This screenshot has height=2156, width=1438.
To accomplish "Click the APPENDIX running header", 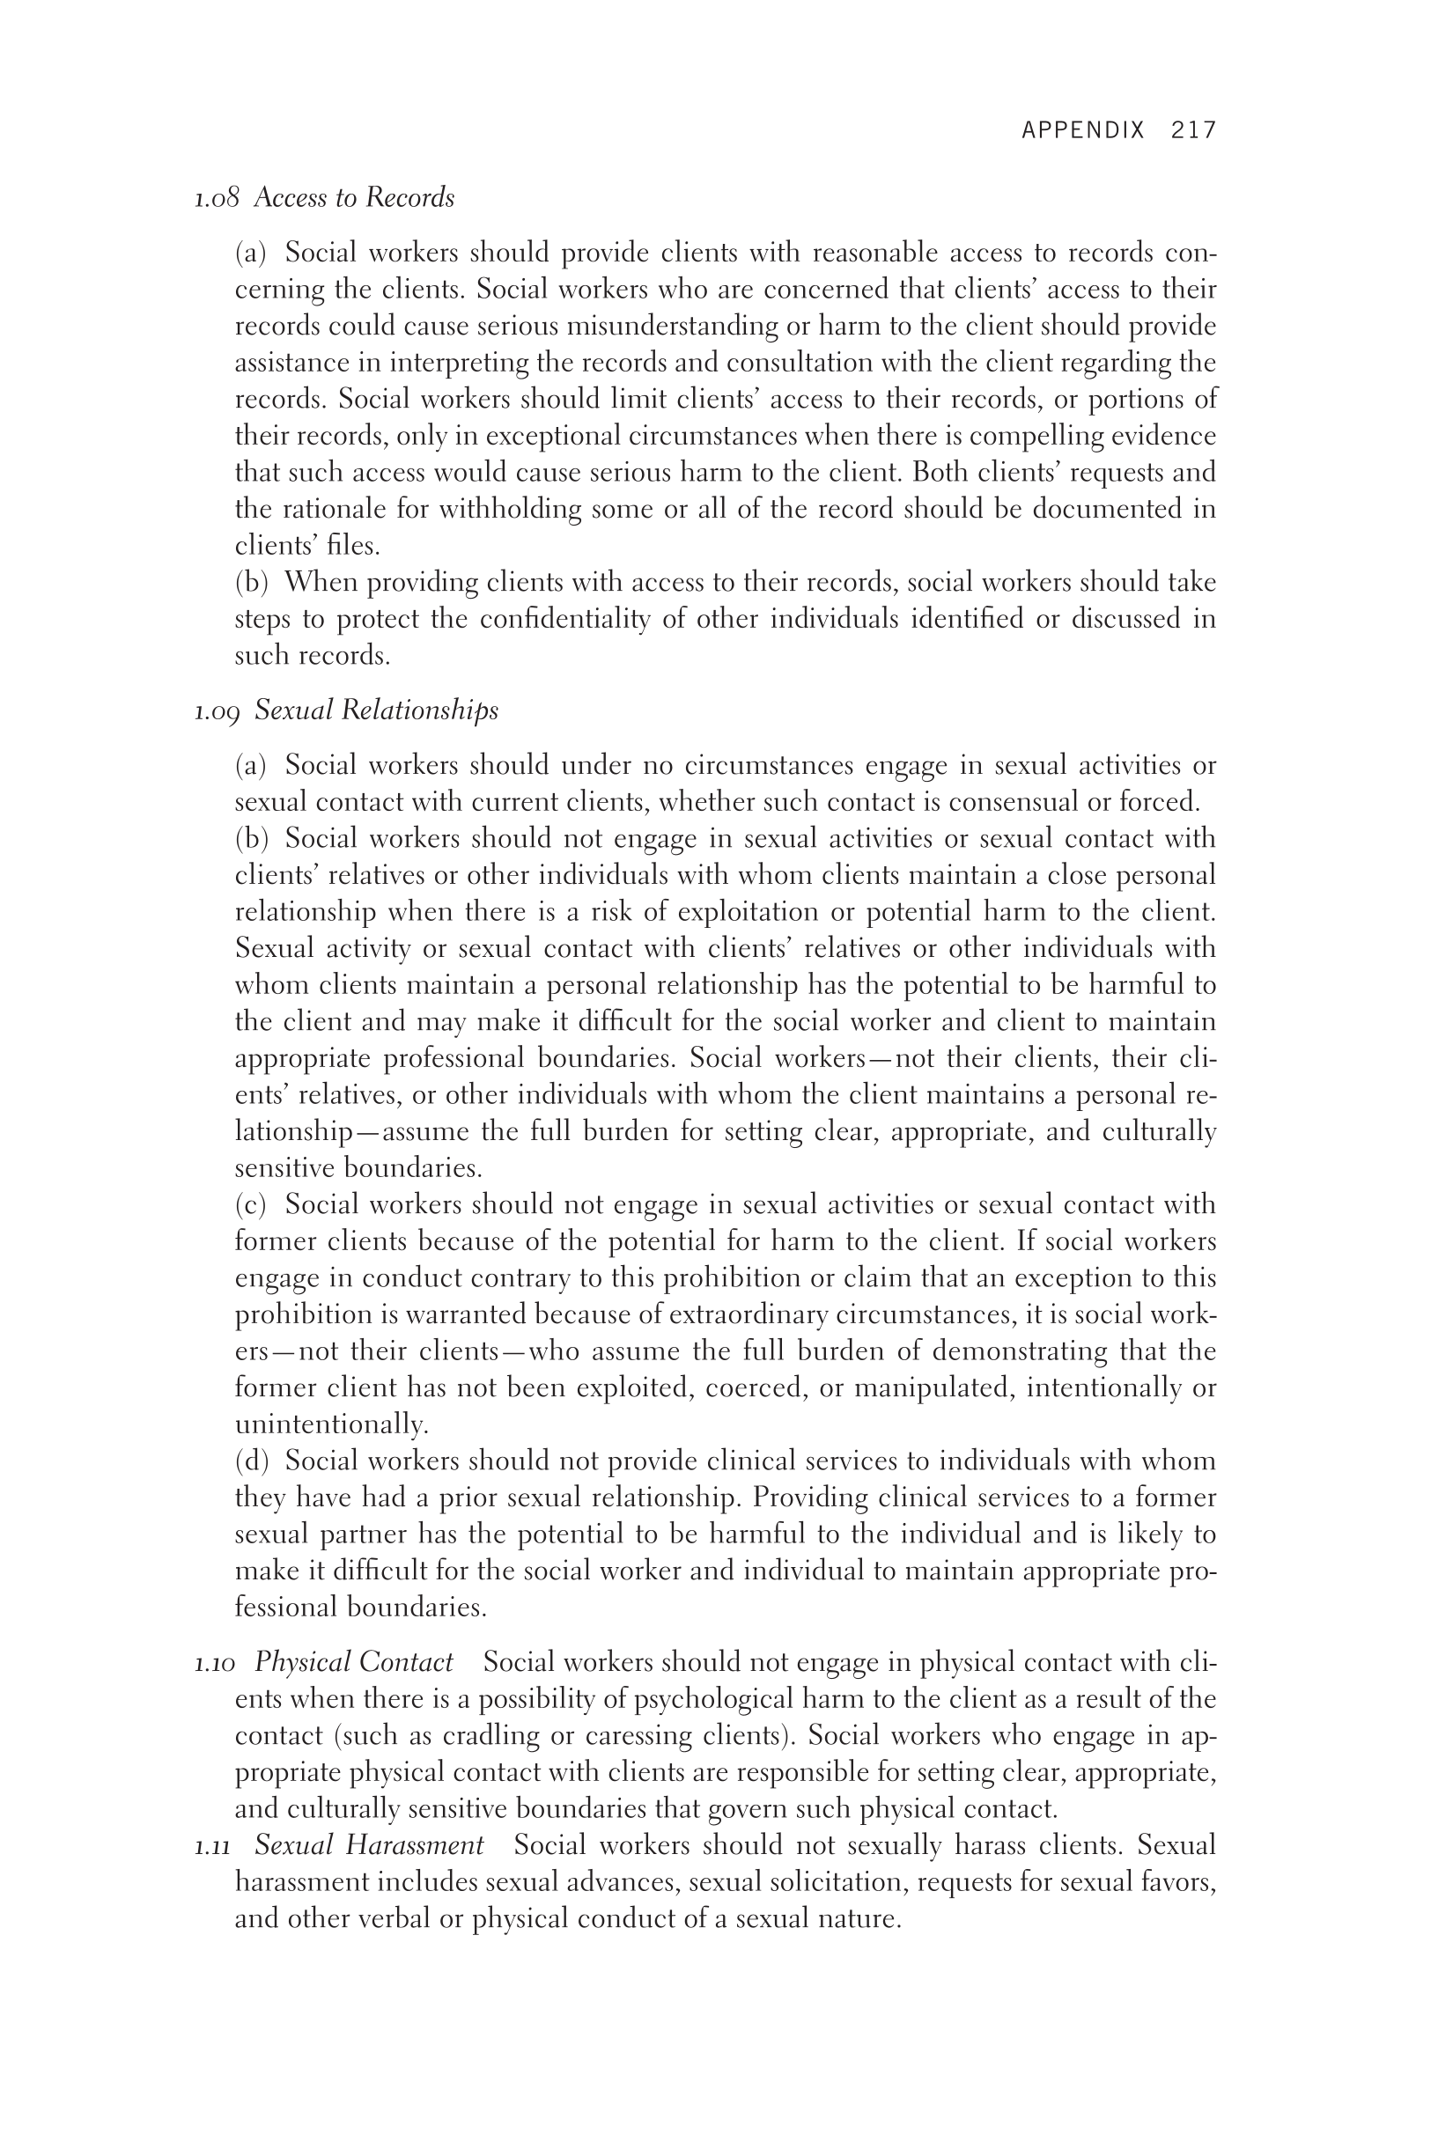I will click(1083, 130).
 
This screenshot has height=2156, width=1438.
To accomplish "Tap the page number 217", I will click(1193, 130).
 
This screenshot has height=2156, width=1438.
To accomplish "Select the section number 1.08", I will click(217, 198).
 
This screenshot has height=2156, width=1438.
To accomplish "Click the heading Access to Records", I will click(354, 198).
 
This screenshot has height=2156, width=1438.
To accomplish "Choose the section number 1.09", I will click(217, 710).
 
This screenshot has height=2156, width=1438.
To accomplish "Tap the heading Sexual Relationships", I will click(376, 710).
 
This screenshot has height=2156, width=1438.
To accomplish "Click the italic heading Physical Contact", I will click(353, 1663).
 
